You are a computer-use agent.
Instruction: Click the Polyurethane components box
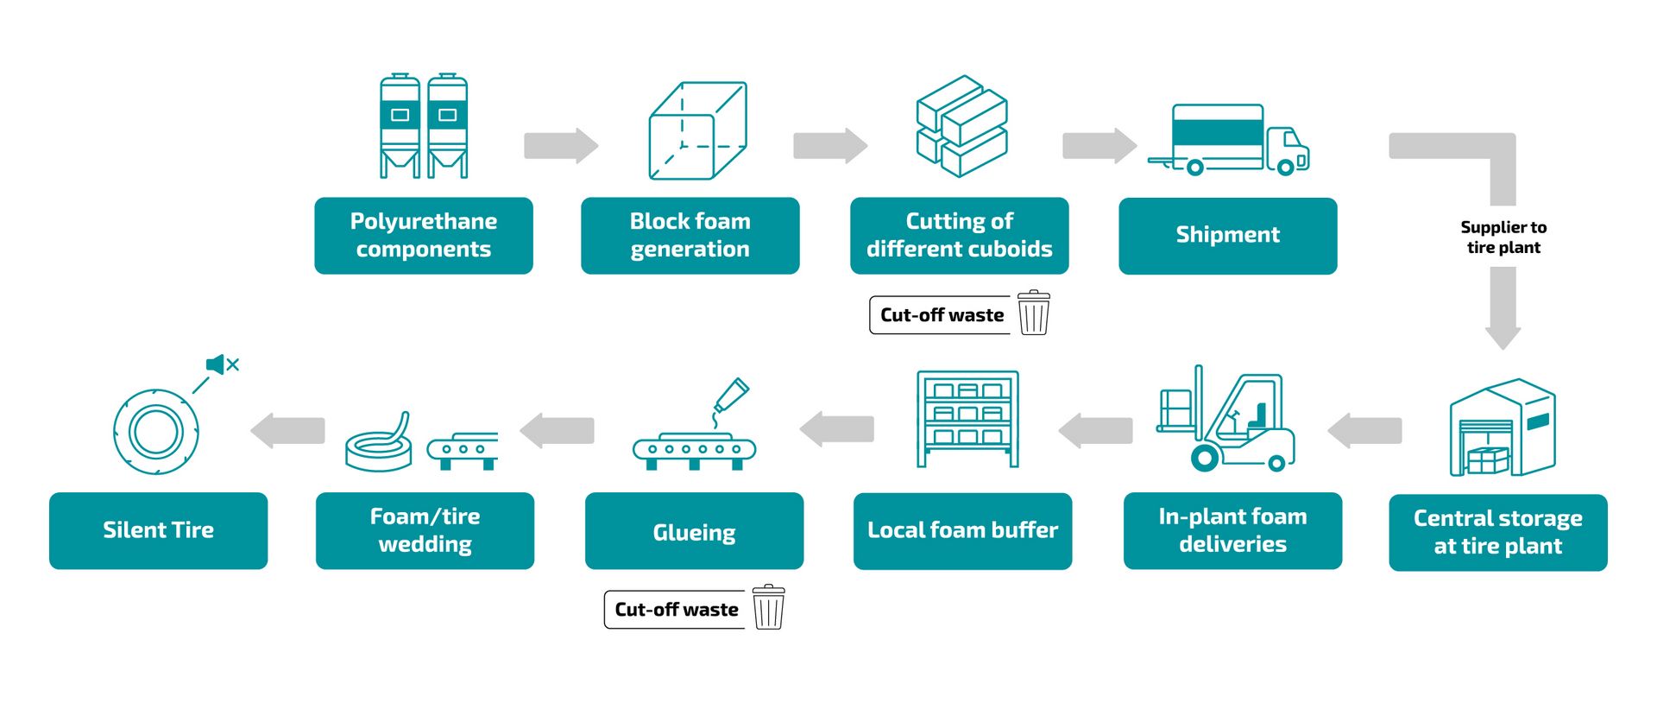click(x=423, y=235)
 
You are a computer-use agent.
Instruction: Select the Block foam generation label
click(x=690, y=235)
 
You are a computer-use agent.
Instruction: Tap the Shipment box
click(x=1227, y=235)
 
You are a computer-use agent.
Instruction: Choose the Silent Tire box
click(x=158, y=530)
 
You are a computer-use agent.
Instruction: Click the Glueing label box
click(x=694, y=531)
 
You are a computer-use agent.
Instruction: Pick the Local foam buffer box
click(x=962, y=530)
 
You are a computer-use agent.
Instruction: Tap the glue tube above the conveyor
click(x=731, y=395)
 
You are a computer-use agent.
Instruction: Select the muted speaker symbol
click(x=222, y=364)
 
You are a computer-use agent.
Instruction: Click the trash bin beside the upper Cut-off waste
click(x=1033, y=313)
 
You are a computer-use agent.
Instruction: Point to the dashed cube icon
click(x=697, y=130)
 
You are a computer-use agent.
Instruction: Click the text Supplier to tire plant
click(x=1503, y=237)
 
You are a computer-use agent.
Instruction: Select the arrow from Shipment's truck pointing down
click(x=1503, y=307)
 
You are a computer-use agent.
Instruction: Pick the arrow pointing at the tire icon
click(x=287, y=430)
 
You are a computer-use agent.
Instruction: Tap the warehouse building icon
click(x=1502, y=427)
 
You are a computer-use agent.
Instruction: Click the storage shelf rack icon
click(x=967, y=419)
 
